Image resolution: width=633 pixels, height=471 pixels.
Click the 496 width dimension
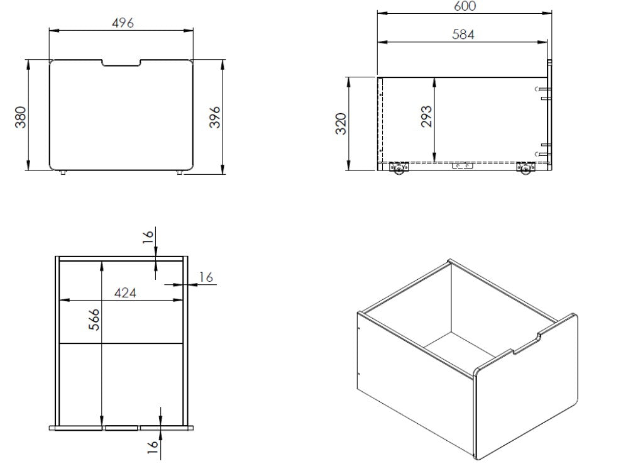point(123,23)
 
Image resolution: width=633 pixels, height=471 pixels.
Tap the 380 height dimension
point(21,117)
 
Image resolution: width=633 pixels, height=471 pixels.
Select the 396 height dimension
point(215,117)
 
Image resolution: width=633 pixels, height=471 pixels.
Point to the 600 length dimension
point(465,6)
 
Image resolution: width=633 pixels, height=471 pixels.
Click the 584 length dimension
point(463,35)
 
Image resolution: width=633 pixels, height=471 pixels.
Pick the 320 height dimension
point(341,123)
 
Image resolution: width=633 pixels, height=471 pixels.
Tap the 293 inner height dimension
point(426,116)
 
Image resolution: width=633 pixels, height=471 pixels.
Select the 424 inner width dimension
point(125,292)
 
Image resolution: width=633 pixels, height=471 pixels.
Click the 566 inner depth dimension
point(94,319)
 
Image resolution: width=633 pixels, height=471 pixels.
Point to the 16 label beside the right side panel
point(206,277)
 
